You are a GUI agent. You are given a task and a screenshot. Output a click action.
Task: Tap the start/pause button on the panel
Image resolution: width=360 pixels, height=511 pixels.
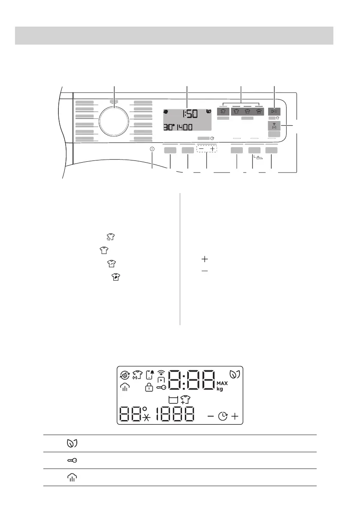click(x=274, y=112)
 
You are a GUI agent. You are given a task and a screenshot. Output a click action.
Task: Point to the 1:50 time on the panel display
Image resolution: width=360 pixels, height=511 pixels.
click(x=190, y=114)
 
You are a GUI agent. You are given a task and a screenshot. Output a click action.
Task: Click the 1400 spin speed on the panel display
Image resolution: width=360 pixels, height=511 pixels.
click(x=185, y=127)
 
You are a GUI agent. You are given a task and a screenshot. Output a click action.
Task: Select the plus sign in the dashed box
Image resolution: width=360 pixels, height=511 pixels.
click(x=212, y=149)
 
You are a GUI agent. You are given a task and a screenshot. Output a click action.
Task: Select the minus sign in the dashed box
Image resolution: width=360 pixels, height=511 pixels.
click(x=201, y=149)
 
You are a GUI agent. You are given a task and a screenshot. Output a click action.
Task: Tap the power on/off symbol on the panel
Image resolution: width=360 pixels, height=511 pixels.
click(x=152, y=149)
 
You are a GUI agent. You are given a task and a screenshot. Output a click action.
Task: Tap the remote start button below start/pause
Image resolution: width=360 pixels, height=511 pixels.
click(x=274, y=125)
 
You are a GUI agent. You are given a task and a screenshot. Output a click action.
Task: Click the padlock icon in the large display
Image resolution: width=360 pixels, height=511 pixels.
click(x=149, y=387)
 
